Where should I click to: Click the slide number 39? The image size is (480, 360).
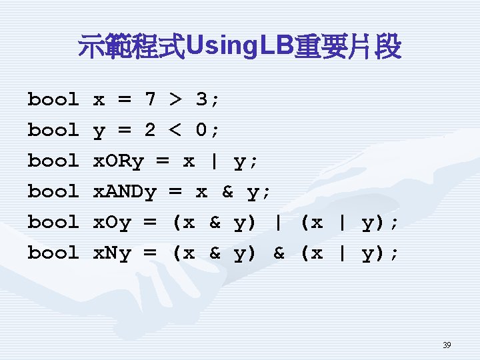point(447,345)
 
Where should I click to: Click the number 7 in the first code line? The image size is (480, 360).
point(150,100)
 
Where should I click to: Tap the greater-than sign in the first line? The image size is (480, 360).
point(175,100)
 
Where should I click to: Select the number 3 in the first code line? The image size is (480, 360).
point(201,100)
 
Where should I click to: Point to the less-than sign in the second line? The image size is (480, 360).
point(175,131)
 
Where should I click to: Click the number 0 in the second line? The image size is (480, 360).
point(201,131)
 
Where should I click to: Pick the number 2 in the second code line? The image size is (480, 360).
point(150,131)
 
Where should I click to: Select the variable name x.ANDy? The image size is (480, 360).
point(124,192)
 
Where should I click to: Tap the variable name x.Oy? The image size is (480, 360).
point(112,223)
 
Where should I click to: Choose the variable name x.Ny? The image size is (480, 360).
point(112,253)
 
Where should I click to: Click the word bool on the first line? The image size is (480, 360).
point(53,100)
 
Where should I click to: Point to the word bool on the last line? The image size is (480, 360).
point(53,253)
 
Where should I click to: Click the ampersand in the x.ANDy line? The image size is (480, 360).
point(227,192)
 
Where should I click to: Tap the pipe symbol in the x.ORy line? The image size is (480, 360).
point(214,161)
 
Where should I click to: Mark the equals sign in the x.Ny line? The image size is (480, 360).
point(150,253)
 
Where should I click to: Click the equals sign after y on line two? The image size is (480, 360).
point(124,131)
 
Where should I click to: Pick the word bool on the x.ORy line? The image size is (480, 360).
point(53,161)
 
